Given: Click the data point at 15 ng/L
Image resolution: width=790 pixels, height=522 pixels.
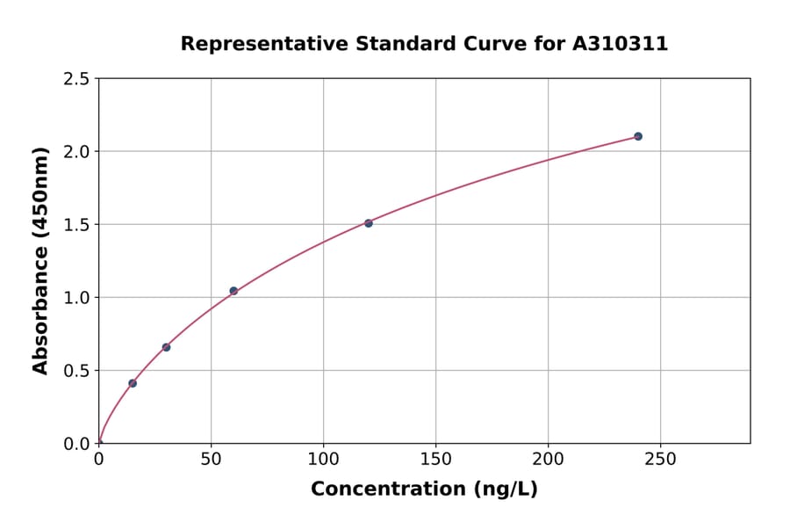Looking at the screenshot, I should click(x=133, y=383).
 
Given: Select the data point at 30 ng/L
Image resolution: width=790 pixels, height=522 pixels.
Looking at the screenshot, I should click(x=166, y=347).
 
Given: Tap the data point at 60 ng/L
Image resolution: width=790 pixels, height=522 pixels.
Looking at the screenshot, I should click(x=233, y=291).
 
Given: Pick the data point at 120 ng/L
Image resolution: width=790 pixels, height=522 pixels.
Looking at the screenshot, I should click(x=369, y=223).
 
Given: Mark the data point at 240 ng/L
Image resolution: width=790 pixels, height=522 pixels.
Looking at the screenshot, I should click(x=638, y=136).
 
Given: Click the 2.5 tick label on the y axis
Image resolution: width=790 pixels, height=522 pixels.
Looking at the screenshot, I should click(x=77, y=79).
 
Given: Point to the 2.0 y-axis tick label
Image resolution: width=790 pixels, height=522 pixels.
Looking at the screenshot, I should click(x=77, y=152).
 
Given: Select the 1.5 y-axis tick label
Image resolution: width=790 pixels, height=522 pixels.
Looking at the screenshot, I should click(x=77, y=225).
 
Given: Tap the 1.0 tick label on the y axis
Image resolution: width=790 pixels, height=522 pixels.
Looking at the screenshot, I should click(x=77, y=298).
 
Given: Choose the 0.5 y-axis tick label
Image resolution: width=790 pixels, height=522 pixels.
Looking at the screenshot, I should click(x=77, y=371).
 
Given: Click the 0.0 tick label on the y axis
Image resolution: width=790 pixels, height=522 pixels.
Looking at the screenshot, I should click(x=77, y=444).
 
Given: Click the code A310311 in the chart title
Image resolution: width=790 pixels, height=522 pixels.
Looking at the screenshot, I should click(x=621, y=44).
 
